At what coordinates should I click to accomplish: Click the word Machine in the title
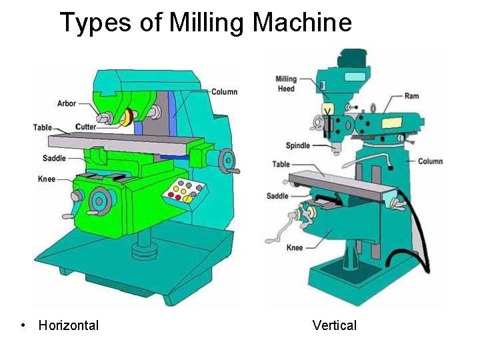[x=302, y=22]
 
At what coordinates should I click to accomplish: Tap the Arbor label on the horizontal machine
[x=67, y=103]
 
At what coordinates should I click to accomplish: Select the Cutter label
[x=86, y=127]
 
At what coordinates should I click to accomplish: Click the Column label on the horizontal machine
[x=224, y=91]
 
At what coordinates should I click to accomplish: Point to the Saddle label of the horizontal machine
[x=54, y=158]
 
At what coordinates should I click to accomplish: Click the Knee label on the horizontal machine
[x=47, y=179]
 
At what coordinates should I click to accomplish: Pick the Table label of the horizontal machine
[x=43, y=127]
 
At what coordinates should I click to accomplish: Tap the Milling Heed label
[x=286, y=83]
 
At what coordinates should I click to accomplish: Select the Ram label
[x=411, y=96]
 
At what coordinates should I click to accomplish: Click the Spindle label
[x=298, y=145]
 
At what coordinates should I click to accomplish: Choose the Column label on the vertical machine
[x=430, y=161]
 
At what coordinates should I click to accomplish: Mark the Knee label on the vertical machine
[x=295, y=247]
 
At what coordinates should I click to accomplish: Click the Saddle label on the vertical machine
[x=277, y=196]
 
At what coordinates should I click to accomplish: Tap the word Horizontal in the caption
[x=69, y=325]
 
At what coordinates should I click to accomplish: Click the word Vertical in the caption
[x=334, y=325]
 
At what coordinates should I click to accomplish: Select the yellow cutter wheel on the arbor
[x=125, y=119]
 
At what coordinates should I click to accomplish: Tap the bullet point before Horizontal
[x=23, y=325]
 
